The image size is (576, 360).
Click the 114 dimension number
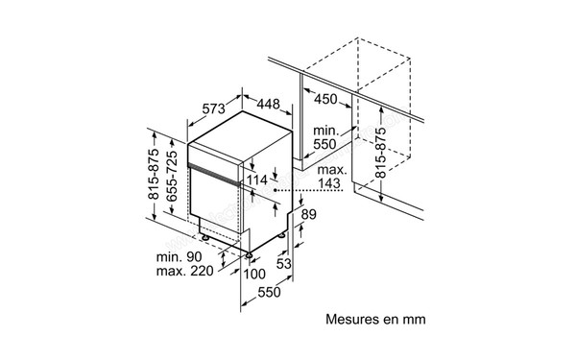256,179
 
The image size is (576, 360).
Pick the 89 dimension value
309,216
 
